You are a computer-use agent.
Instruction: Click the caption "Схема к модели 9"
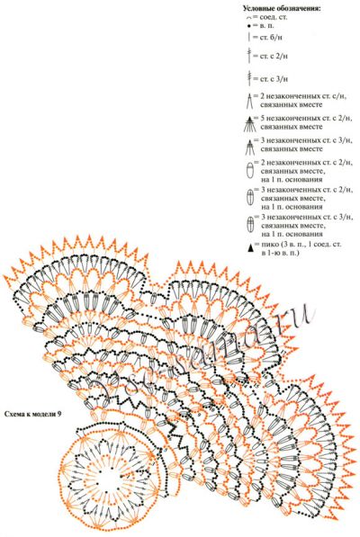[35, 413]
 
